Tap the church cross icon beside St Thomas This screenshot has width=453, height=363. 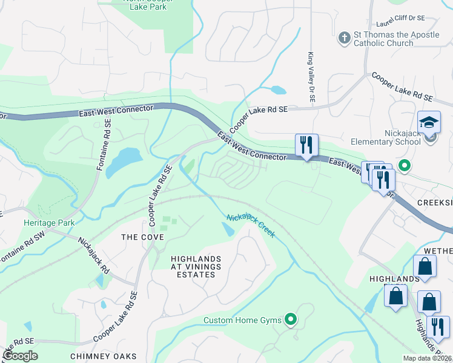pos(344,39)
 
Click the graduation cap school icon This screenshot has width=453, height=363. pos(429,123)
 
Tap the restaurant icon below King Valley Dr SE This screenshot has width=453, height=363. pos(306,145)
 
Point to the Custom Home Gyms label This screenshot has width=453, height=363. pos(243,319)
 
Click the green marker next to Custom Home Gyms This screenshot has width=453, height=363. pos(291,318)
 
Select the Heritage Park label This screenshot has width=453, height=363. pos(49,223)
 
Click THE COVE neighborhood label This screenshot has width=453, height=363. pos(143,237)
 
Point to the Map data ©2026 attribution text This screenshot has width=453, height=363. pos(426,358)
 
